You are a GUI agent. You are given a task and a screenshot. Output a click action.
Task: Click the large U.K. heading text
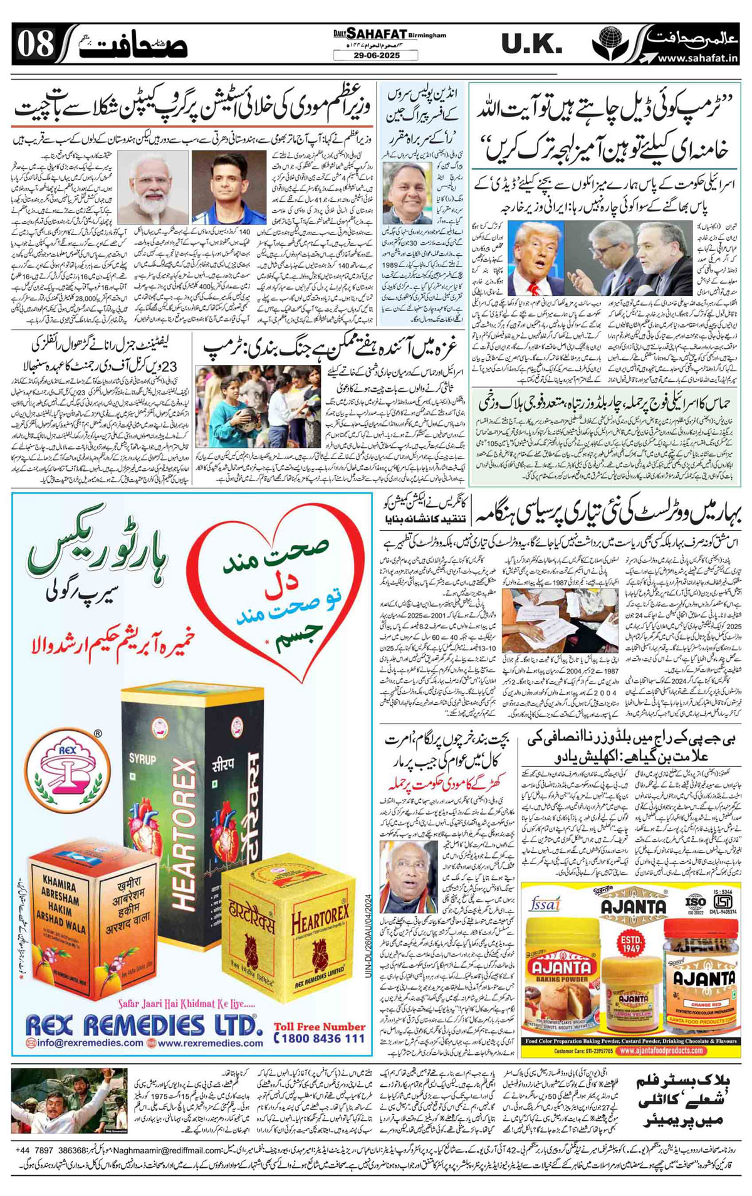[531, 45]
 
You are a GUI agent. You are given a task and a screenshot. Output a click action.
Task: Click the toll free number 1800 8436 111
[320, 1038]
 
